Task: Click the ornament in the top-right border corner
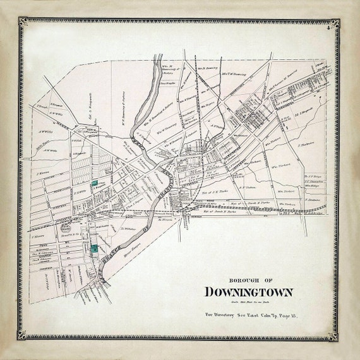pyautogui.click(x=333, y=25)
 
